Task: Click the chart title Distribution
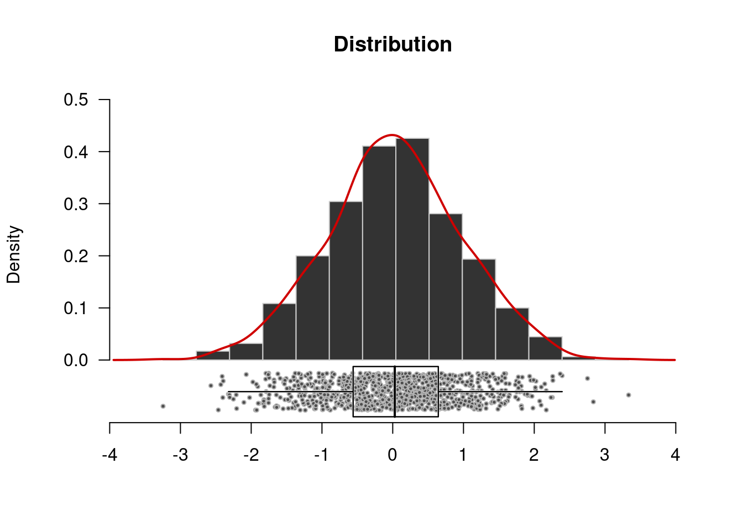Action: tap(393, 44)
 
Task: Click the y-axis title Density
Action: tap(14, 254)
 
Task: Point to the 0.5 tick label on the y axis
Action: tap(76, 100)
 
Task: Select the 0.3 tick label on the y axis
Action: tap(76, 204)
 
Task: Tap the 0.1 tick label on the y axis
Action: tap(76, 308)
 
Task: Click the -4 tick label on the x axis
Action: tap(109, 455)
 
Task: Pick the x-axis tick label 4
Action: tap(675, 455)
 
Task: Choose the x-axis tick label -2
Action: tap(251, 455)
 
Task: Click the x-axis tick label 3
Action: tap(604, 455)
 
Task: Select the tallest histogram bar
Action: tap(412, 249)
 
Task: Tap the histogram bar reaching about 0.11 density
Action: tap(279, 332)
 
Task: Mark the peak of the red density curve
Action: tap(392, 135)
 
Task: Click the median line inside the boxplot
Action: tap(395, 391)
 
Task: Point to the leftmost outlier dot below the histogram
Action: tap(163, 406)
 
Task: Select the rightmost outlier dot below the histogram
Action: tap(629, 395)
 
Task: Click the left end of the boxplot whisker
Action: tap(228, 392)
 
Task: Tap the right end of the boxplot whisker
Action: tap(562, 392)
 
